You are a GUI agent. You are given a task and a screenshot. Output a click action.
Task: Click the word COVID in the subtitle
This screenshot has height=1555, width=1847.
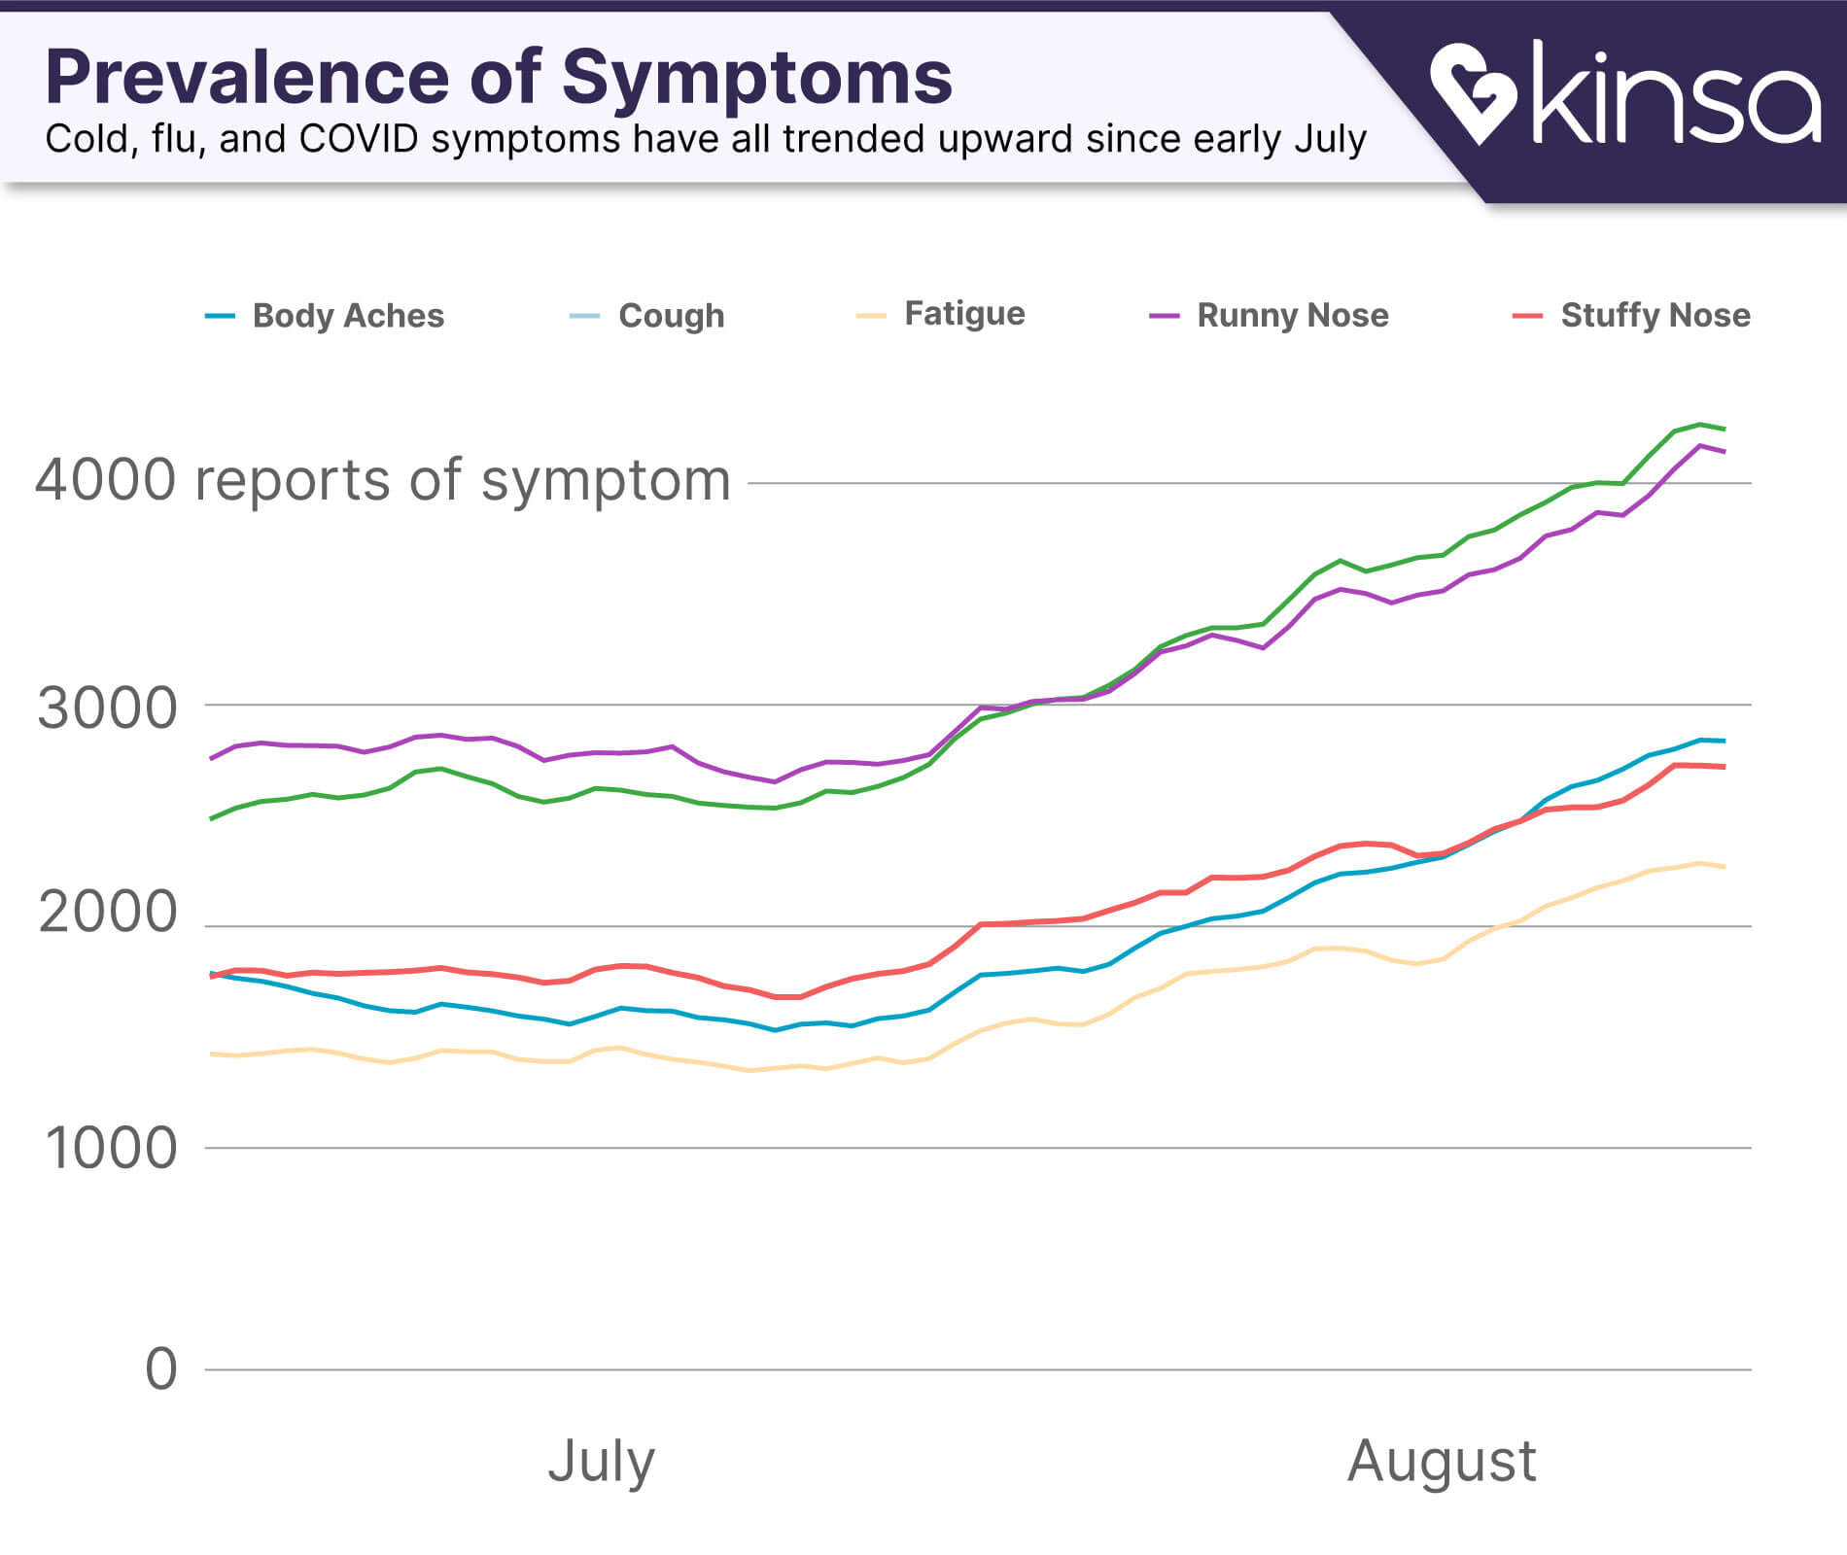click(360, 140)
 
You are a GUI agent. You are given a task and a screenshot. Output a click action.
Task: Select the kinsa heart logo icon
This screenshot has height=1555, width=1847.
click(1472, 92)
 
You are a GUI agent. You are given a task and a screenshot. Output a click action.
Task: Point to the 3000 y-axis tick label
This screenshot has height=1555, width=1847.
click(108, 709)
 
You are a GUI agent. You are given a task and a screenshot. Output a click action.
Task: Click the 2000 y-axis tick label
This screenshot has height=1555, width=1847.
click(108, 913)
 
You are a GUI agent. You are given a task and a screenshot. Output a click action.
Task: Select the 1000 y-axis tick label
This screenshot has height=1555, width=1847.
click(111, 1149)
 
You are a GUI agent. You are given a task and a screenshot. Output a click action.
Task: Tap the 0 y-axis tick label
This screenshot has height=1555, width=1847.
click(161, 1369)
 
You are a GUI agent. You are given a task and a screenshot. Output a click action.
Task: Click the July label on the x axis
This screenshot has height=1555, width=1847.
click(601, 1460)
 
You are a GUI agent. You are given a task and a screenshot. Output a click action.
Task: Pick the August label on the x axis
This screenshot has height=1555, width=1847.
click(1441, 1460)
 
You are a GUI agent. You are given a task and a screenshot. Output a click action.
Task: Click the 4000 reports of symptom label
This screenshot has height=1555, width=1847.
click(383, 480)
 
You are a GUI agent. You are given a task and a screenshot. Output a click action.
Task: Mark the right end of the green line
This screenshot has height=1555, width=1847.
click(1724, 429)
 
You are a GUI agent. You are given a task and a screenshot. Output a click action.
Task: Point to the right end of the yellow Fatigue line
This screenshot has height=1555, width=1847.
click(1724, 867)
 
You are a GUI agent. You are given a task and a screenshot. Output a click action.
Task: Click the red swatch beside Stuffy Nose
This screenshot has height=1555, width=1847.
click(1527, 316)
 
